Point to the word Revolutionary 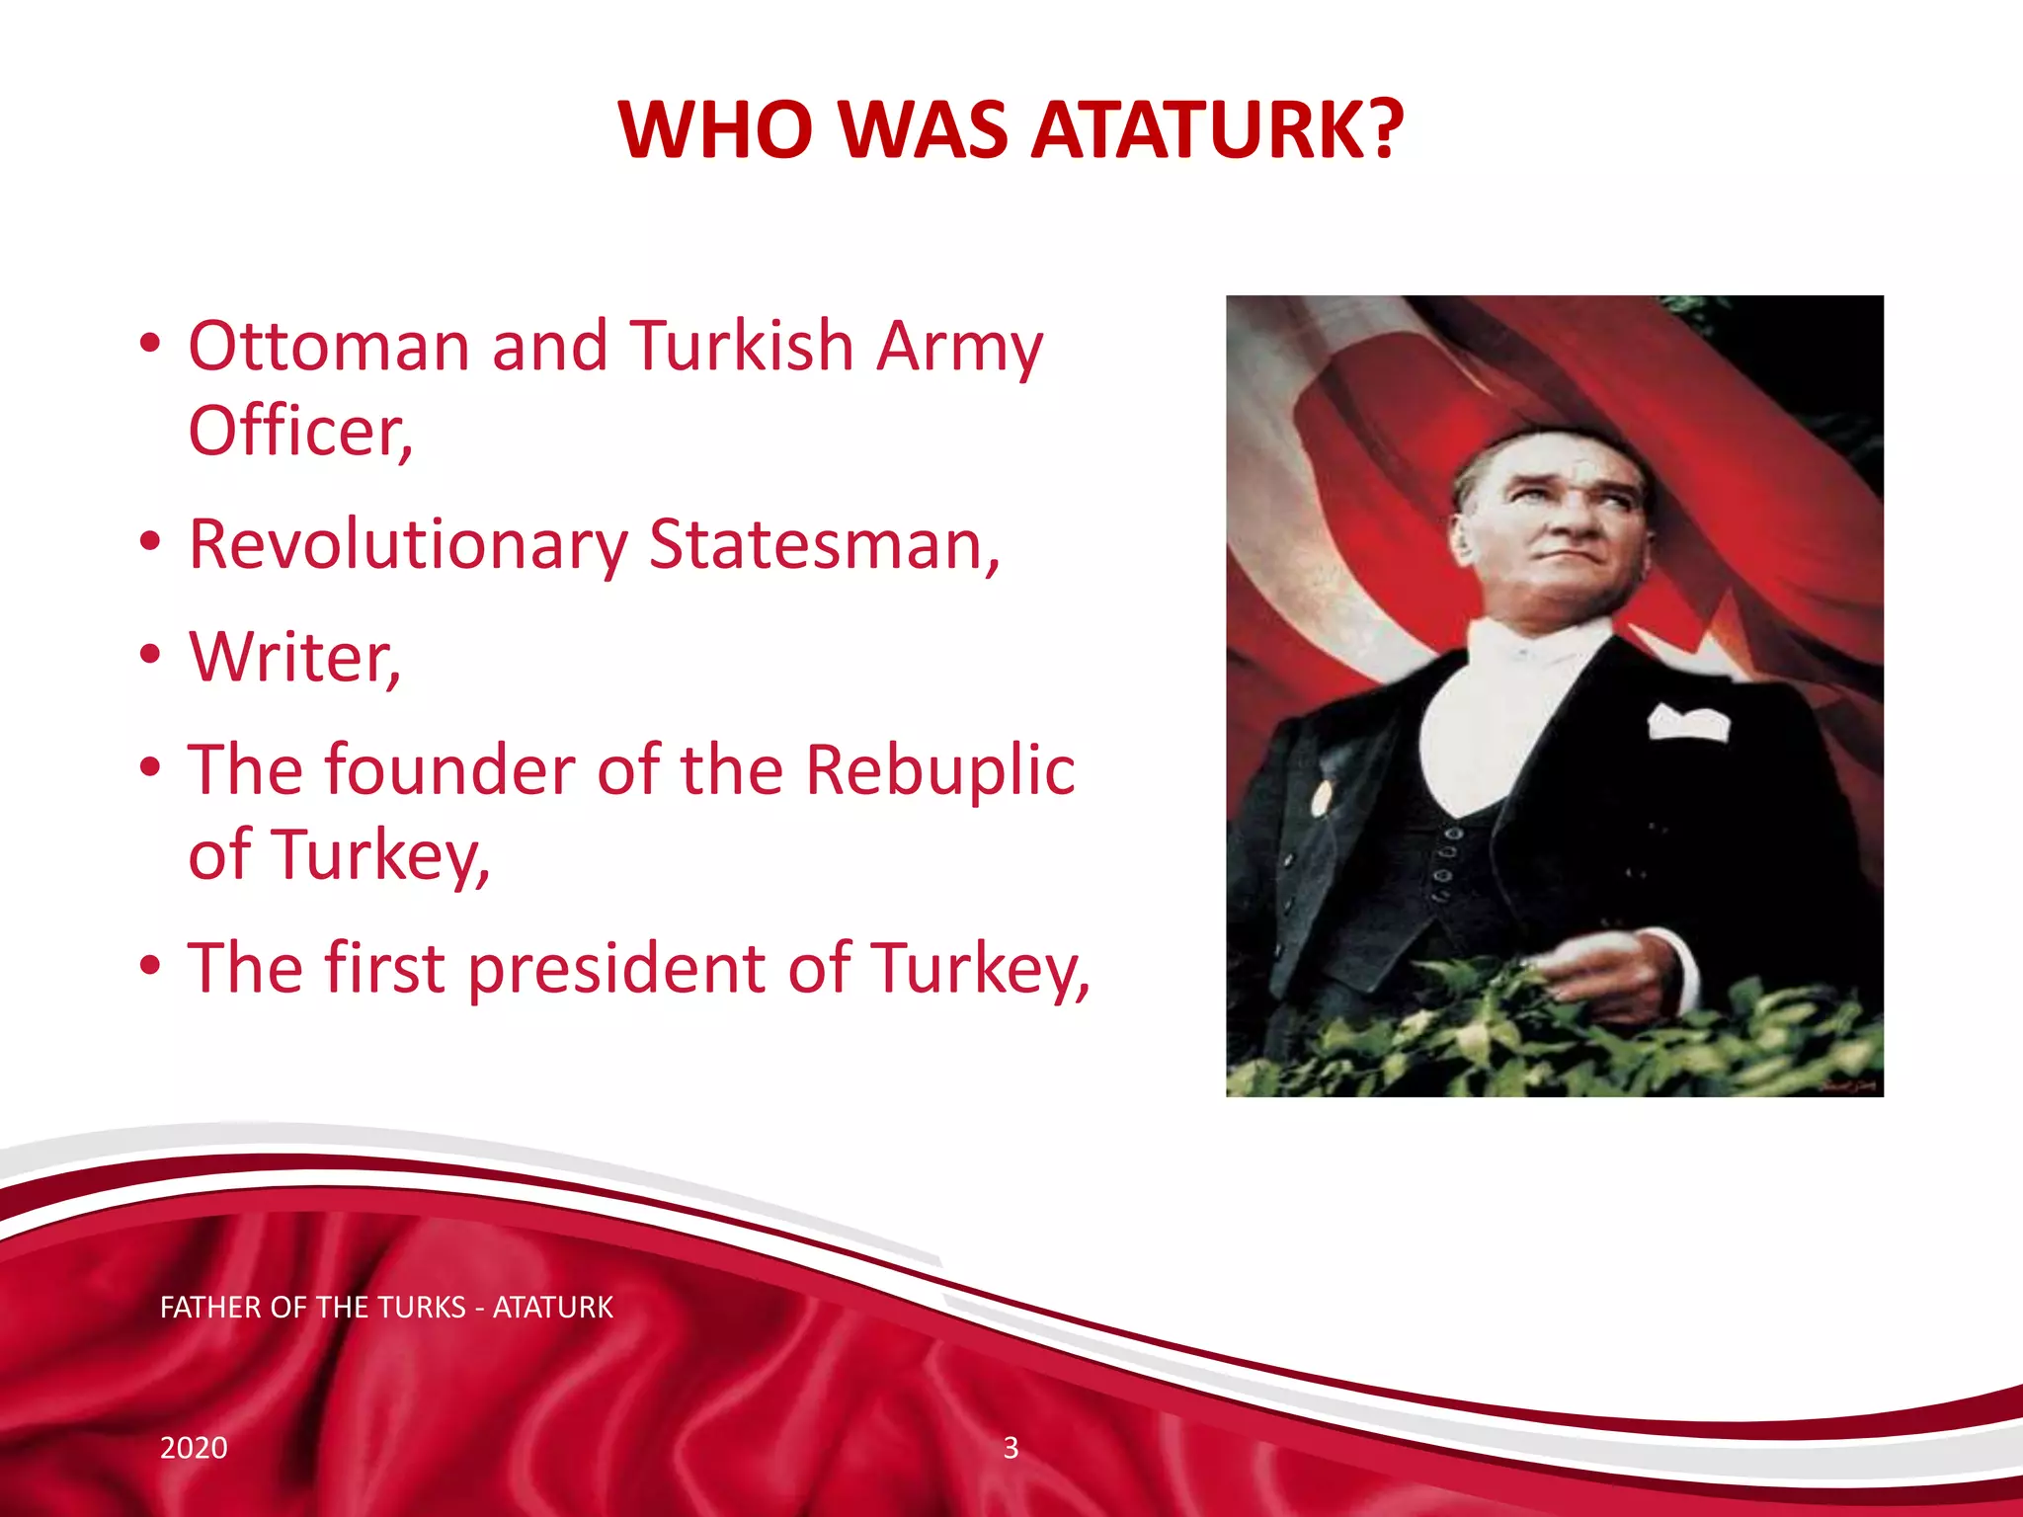click(408, 546)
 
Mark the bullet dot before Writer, click(150, 655)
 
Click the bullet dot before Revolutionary click(150, 542)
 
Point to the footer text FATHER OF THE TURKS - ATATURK click(386, 1308)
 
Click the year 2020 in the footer click(194, 1448)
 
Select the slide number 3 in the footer click(1011, 1448)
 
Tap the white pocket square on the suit click(1688, 723)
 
